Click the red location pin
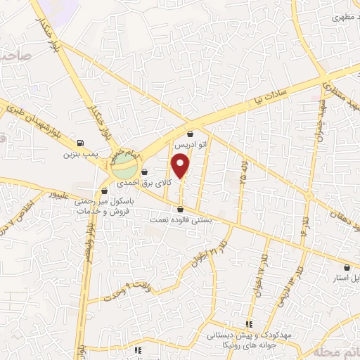pyautogui.click(x=181, y=167)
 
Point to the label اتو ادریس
pyautogui.click(x=191, y=143)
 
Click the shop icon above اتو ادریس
pyautogui.click(x=191, y=134)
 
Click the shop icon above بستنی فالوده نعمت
pyautogui.click(x=181, y=210)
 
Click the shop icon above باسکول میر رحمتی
pyautogui.click(x=104, y=191)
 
